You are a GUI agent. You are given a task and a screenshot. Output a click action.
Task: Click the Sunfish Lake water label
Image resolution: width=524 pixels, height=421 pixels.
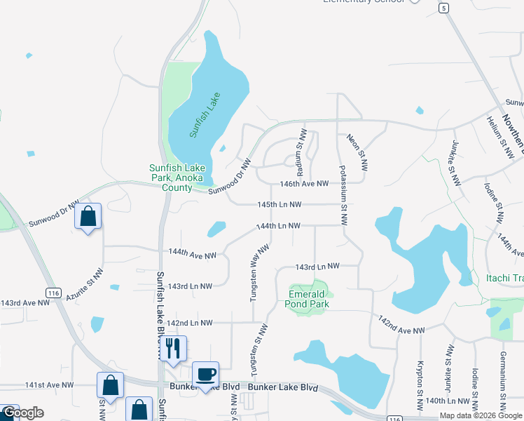click(205, 114)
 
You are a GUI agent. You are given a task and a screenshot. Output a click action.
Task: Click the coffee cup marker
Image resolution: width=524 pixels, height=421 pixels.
click(205, 375)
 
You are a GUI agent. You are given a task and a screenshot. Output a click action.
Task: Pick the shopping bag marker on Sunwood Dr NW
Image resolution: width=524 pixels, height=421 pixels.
click(88, 217)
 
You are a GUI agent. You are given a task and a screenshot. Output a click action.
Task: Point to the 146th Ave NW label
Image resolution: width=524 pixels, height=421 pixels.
click(304, 183)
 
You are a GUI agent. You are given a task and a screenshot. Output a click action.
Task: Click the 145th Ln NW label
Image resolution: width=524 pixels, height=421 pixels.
click(279, 204)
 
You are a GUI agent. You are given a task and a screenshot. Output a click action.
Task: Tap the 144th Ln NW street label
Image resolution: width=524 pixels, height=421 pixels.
click(278, 226)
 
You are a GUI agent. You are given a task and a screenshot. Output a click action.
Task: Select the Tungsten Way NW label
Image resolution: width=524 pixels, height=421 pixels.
click(258, 273)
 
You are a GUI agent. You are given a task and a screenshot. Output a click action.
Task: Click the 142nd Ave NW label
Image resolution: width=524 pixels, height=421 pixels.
click(401, 325)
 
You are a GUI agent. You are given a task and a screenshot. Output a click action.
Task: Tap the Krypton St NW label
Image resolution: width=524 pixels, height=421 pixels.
click(420, 385)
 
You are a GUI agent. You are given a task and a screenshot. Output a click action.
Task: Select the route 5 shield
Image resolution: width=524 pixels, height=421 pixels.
click(443, 8)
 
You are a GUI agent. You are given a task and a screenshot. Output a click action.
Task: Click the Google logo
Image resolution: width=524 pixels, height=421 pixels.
click(22, 413)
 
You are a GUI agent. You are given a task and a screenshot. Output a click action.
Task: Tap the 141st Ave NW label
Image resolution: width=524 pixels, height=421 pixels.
click(49, 385)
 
